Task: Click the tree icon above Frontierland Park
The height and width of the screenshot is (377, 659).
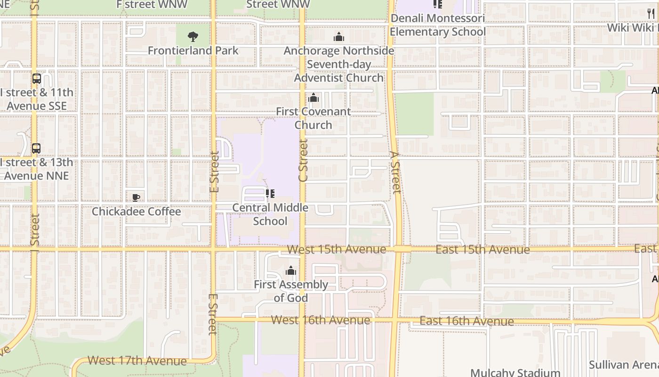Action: tap(193, 37)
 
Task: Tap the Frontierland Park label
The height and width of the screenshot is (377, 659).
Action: tap(193, 50)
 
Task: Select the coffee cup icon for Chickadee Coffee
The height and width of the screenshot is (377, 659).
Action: tap(136, 197)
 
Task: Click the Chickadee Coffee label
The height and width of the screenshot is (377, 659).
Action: tap(136, 212)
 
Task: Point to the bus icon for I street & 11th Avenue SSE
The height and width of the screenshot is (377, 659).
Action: tap(37, 79)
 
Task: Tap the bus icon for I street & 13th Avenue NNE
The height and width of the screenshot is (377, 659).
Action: tap(36, 148)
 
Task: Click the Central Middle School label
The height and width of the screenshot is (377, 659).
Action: tap(270, 214)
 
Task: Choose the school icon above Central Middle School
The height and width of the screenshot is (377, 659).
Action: tap(270, 194)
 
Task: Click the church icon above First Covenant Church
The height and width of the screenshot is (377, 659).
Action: tap(313, 98)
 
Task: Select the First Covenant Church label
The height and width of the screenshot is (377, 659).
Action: tap(313, 118)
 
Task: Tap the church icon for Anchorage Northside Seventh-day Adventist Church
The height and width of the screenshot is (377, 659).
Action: tap(339, 37)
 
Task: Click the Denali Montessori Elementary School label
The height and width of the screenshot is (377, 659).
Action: tap(438, 25)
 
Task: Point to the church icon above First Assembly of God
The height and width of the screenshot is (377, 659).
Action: tap(291, 270)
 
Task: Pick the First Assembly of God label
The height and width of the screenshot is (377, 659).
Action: tap(291, 291)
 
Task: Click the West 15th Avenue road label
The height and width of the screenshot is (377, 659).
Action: tap(337, 249)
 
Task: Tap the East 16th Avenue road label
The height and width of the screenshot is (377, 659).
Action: tap(466, 321)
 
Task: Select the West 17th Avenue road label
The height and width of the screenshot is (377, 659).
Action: tap(137, 361)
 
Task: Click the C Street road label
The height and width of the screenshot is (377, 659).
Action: tap(303, 160)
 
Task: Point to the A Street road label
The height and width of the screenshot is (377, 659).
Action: tap(395, 172)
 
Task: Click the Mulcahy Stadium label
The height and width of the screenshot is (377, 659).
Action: tap(515, 372)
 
